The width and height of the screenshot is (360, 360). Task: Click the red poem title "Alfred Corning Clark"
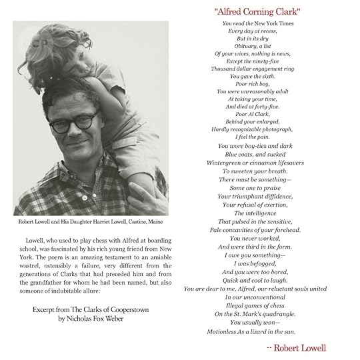coord(257,12)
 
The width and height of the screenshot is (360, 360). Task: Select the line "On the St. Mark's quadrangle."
coord(254,313)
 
